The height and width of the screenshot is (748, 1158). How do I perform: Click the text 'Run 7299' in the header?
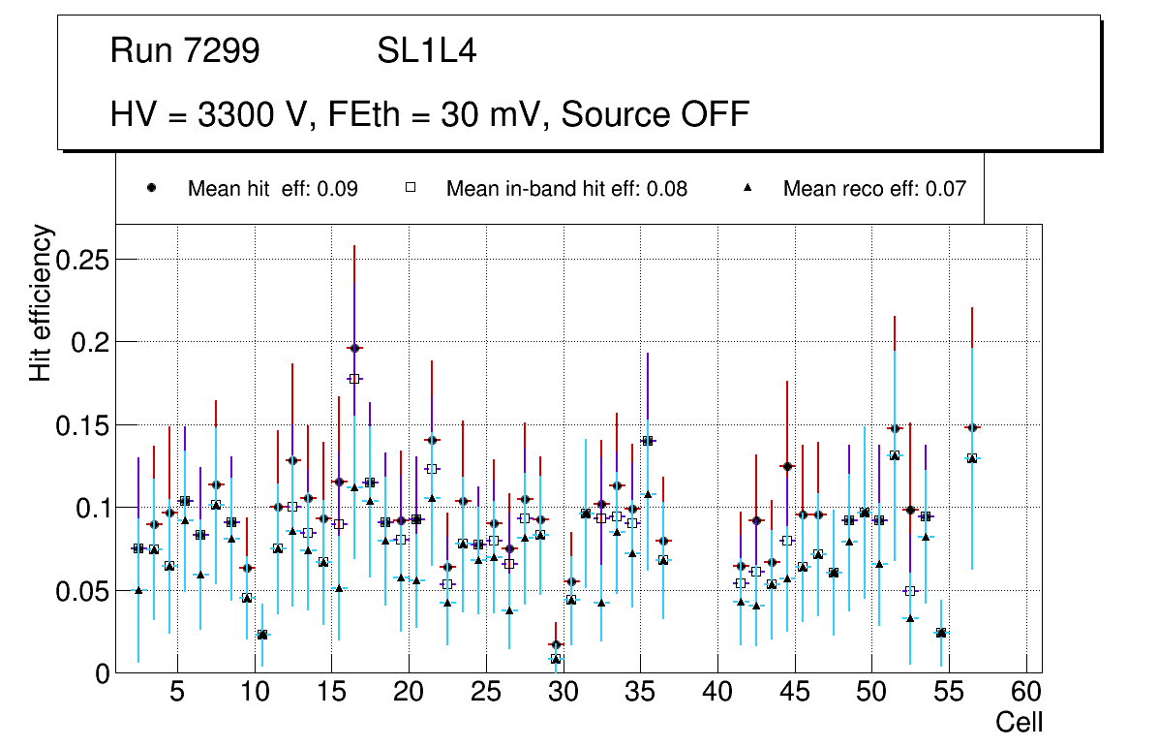pyautogui.click(x=185, y=51)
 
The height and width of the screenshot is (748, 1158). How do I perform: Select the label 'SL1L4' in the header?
pyautogui.click(x=427, y=51)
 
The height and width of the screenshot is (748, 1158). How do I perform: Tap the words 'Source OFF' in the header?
pyautogui.click(x=655, y=114)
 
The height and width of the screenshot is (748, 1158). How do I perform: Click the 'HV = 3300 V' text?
pyautogui.click(x=209, y=114)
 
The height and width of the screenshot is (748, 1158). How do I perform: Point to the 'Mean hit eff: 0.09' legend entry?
pyautogui.click(x=272, y=189)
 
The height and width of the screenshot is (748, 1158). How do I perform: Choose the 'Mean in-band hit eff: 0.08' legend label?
pyautogui.click(x=566, y=189)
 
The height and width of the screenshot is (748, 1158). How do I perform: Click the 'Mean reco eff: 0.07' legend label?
pyautogui.click(x=874, y=189)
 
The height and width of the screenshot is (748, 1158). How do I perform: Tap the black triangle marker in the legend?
pyautogui.click(x=747, y=188)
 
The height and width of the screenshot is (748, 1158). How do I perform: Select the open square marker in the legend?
pyautogui.click(x=411, y=188)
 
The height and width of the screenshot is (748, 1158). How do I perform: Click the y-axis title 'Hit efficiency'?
pyautogui.click(x=41, y=303)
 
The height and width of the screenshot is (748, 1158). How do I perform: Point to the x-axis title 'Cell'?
pyautogui.click(x=1020, y=722)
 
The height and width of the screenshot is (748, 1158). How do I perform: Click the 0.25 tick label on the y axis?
pyautogui.click(x=83, y=260)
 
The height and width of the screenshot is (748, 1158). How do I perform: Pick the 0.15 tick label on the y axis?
pyautogui.click(x=83, y=425)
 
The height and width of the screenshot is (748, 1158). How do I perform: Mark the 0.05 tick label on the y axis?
pyautogui.click(x=83, y=591)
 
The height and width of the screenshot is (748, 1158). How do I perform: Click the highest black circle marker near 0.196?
pyautogui.click(x=354, y=348)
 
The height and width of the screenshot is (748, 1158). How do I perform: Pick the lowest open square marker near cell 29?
pyautogui.click(x=556, y=659)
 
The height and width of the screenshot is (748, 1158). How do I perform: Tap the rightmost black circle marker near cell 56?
pyautogui.click(x=972, y=427)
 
